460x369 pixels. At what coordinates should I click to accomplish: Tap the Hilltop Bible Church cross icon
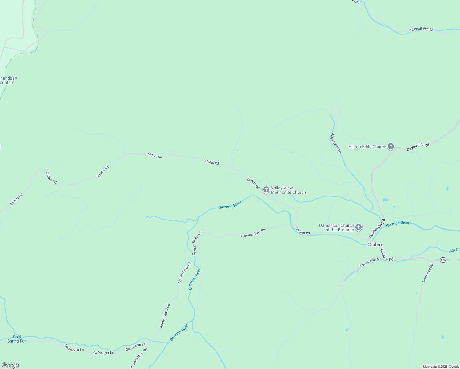point(391,146)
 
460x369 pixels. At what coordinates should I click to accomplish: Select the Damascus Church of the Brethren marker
point(358,228)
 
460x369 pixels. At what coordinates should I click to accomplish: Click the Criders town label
point(375,245)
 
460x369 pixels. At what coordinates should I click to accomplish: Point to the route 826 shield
point(443,260)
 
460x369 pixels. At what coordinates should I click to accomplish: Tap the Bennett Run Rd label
point(422,30)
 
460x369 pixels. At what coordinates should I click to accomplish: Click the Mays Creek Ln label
point(336,143)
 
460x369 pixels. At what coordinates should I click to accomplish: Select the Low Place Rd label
point(427,273)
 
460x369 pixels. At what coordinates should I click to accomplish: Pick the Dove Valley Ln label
point(370,262)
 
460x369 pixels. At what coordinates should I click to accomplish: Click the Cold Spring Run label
point(17,339)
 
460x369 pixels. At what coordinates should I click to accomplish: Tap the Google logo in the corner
point(10,365)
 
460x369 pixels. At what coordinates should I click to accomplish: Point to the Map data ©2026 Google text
point(441,367)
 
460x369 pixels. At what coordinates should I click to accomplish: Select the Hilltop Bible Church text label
point(367,147)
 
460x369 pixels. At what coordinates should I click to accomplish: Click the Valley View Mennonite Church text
point(288,190)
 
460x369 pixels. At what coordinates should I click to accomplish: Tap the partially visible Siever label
point(454,250)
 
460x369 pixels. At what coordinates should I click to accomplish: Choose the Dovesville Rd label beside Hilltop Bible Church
point(418,147)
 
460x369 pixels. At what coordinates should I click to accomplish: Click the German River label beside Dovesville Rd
point(398,224)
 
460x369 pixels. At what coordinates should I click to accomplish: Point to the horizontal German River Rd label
point(253,233)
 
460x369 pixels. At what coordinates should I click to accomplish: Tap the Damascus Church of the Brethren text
point(336,228)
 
